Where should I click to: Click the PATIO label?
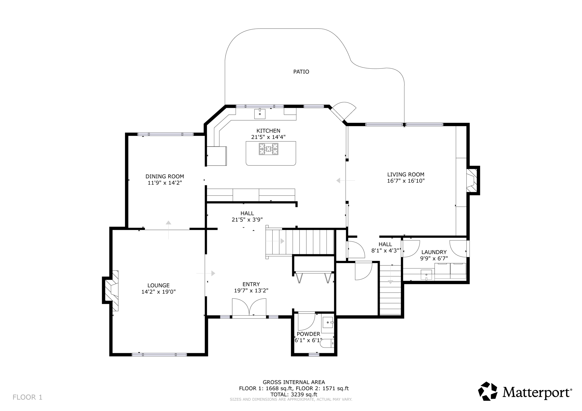click(x=301, y=72)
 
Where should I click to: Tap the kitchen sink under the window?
click(x=260, y=114)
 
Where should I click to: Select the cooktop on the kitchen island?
click(x=268, y=149)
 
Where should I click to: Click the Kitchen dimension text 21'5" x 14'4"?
click(x=268, y=137)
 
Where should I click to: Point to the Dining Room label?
click(x=165, y=176)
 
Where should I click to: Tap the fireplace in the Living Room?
click(x=472, y=180)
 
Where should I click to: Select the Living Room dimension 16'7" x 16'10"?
click(x=406, y=181)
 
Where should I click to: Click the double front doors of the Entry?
click(x=249, y=307)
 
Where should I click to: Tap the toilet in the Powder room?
click(x=327, y=344)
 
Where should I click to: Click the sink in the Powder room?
click(x=328, y=323)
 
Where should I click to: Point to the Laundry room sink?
click(x=426, y=275)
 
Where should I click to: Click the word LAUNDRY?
click(x=434, y=252)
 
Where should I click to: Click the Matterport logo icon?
click(x=488, y=391)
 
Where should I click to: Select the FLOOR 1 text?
click(x=28, y=397)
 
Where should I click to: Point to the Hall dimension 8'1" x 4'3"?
click(x=385, y=251)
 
